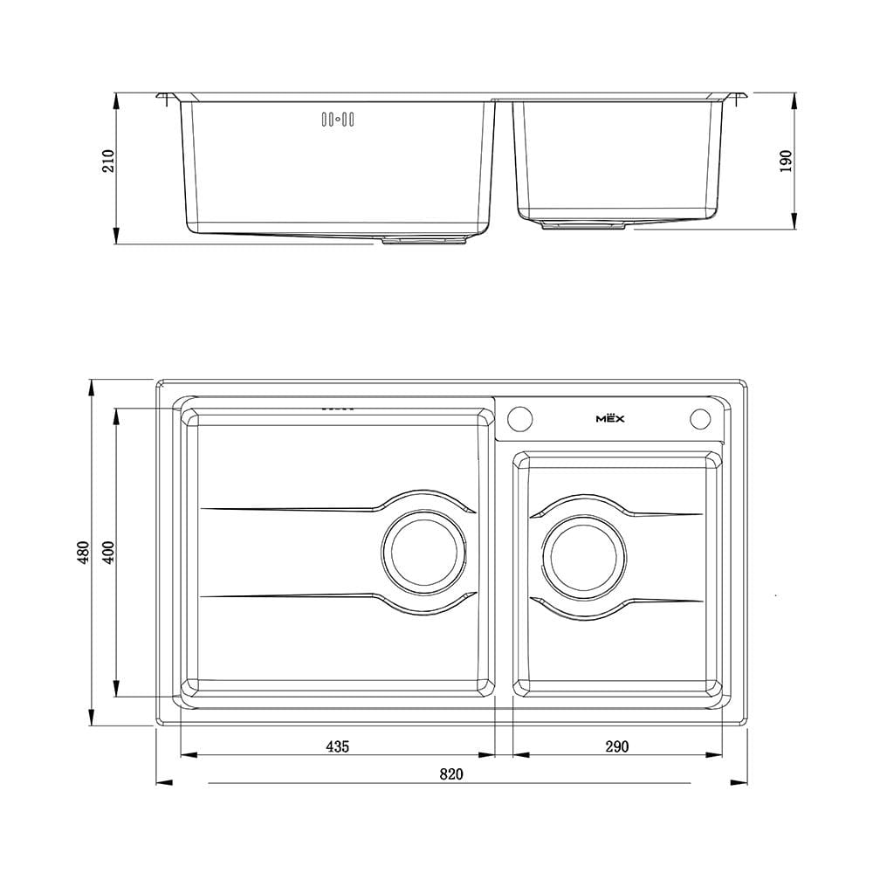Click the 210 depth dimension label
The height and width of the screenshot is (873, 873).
[x=108, y=161]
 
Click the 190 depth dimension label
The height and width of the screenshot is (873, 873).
[x=786, y=161]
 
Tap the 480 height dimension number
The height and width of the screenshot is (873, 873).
[x=83, y=553]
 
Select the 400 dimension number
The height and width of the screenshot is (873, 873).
[x=109, y=553]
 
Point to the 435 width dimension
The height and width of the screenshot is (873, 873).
[x=337, y=746]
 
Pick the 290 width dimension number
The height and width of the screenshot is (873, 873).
[x=617, y=746]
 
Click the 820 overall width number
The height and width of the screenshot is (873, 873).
[x=451, y=774]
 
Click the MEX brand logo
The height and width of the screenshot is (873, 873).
[x=610, y=418]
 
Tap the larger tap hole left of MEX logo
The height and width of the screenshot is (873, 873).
[x=520, y=418]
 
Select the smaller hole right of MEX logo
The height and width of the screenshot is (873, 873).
[x=700, y=419]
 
